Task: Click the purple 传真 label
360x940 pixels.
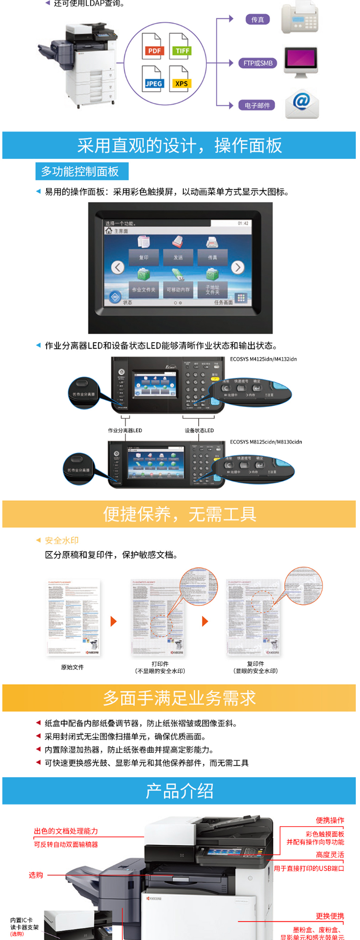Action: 257,20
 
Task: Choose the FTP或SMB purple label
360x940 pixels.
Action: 258,63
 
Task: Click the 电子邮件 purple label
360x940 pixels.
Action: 257,105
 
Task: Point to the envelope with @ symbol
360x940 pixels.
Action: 301,104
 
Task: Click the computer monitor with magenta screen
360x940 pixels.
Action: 300,61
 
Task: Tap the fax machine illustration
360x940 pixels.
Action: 300,18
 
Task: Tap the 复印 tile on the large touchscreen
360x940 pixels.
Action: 144,249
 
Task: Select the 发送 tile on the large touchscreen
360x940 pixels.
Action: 178,249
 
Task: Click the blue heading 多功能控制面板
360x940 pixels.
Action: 80,171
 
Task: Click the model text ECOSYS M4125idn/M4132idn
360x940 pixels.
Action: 263,359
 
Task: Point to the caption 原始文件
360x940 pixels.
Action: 72,667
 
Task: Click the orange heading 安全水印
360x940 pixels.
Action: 61,540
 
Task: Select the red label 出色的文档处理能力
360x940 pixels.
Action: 66,831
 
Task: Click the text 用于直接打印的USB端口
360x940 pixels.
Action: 309,868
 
